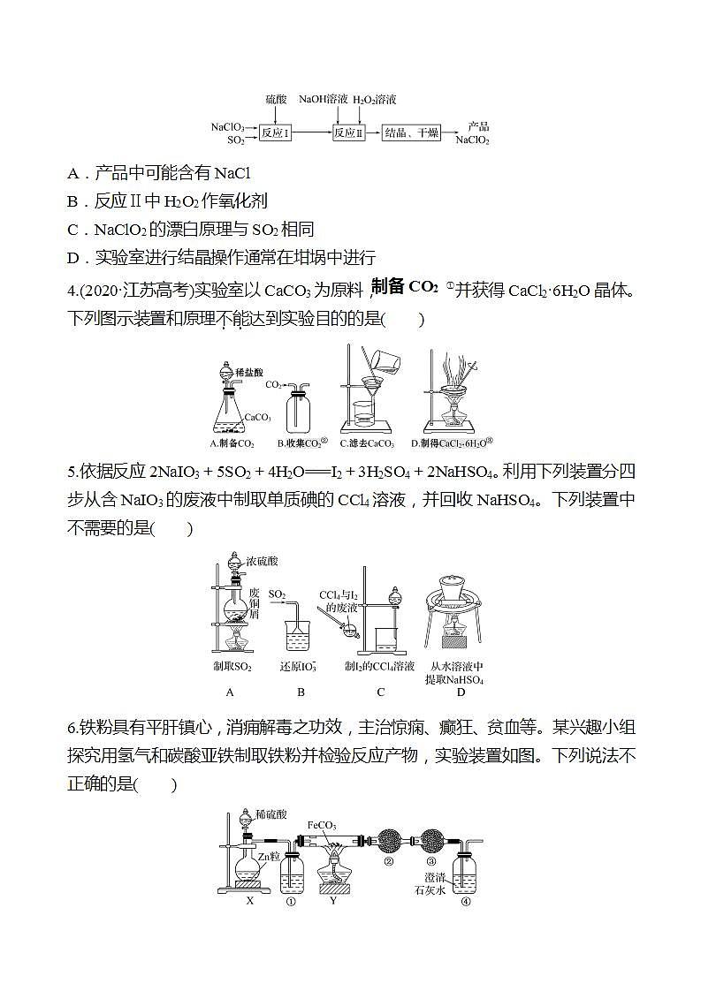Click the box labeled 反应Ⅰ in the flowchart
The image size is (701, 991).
click(276, 133)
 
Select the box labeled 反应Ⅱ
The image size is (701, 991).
click(348, 133)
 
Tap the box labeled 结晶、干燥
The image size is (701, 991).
click(410, 133)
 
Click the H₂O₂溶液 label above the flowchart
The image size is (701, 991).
click(375, 101)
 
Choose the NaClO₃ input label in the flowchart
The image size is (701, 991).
click(228, 127)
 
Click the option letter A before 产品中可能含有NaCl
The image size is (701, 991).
click(73, 174)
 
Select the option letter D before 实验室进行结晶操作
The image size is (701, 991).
click(73, 258)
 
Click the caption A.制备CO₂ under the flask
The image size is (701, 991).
click(232, 443)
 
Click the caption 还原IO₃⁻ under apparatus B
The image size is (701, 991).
click(298, 667)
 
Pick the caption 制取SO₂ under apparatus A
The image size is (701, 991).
click(232, 667)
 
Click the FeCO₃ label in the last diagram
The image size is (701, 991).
click(321, 825)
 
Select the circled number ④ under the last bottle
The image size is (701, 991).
click(466, 902)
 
